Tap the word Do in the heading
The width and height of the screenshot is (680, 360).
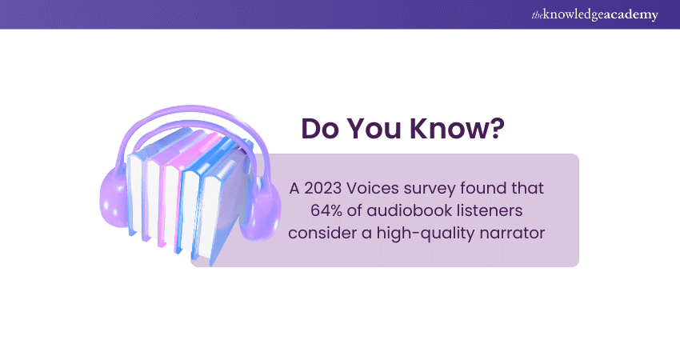[x=319, y=130]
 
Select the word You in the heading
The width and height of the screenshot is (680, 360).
[x=378, y=130]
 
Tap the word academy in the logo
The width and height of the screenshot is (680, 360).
[x=636, y=14]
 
